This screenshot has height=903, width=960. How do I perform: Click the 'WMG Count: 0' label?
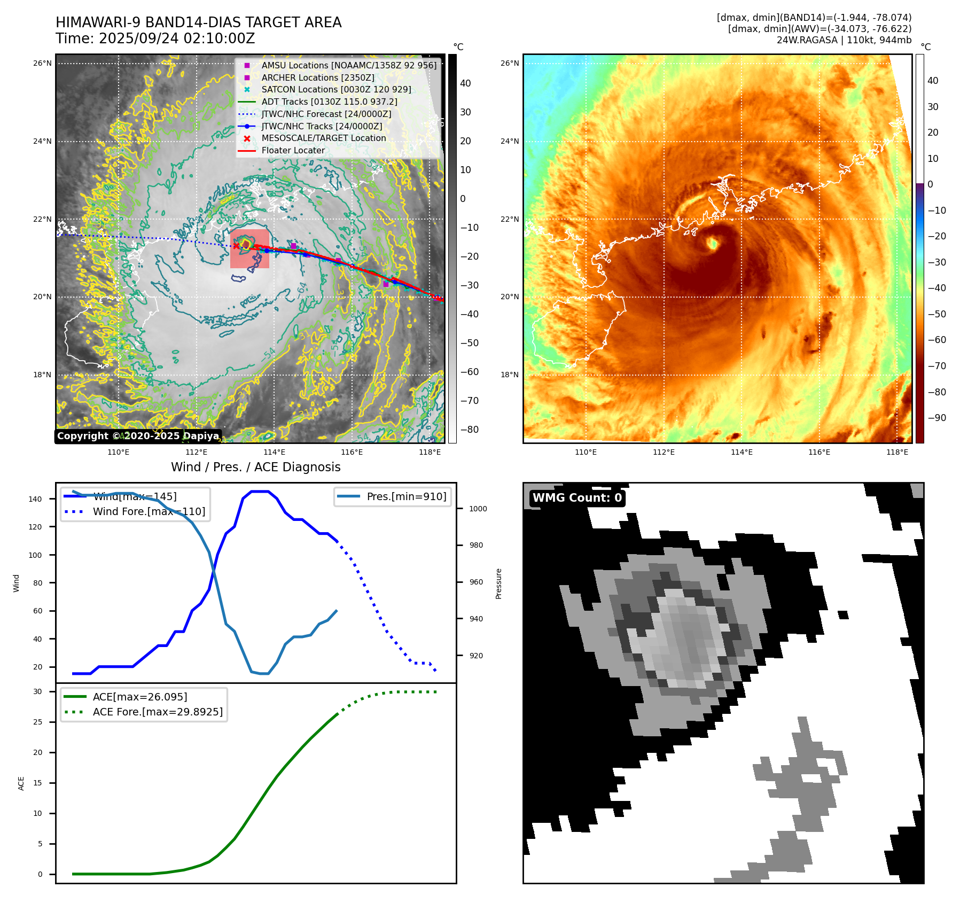pyautogui.click(x=577, y=498)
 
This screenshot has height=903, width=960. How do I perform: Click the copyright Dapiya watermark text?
pyautogui.click(x=138, y=436)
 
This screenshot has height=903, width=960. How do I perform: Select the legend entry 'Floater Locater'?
pyautogui.click(x=293, y=151)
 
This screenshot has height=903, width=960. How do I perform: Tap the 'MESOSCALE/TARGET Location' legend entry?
pyautogui.click(x=323, y=138)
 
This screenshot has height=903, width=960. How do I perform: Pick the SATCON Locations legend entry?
pyautogui.click(x=336, y=90)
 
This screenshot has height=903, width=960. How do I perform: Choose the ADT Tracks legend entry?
pyautogui.click(x=329, y=102)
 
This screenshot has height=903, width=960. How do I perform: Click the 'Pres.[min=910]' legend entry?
pyautogui.click(x=406, y=496)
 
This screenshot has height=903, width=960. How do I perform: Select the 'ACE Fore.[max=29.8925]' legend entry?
pyautogui.click(x=158, y=712)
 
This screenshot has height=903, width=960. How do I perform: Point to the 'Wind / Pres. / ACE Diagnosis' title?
pyautogui.click(x=255, y=467)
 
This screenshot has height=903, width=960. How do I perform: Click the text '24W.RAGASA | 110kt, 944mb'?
pyautogui.click(x=844, y=40)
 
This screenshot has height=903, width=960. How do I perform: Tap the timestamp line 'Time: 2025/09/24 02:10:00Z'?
pyautogui.click(x=155, y=38)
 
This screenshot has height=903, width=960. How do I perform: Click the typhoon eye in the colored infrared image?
pyautogui.click(x=713, y=244)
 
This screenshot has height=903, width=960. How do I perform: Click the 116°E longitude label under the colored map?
pyautogui.click(x=819, y=452)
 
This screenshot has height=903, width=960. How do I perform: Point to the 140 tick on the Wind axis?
pyautogui.click(x=35, y=499)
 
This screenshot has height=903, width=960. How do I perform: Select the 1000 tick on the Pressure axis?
pyautogui.click(x=478, y=509)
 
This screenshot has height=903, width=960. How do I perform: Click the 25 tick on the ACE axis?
pyautogui.click(x=37, y=722)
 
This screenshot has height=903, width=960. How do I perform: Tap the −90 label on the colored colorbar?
pyautogui.click(x=936, y=418)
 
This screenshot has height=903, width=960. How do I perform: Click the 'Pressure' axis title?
pyautogui.click(x=498, y=583)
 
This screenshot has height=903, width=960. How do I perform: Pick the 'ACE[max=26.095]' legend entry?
pyautogui.click(x=140, y=697)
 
